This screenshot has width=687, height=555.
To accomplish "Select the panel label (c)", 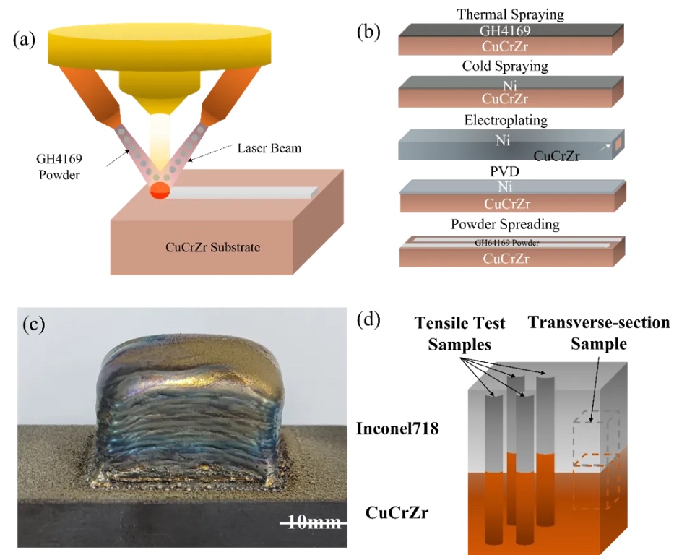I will tap(33, 324).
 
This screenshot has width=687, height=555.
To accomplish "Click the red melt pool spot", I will tap(159, 191).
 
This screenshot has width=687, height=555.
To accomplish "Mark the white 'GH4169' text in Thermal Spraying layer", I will tap(504, 30).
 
